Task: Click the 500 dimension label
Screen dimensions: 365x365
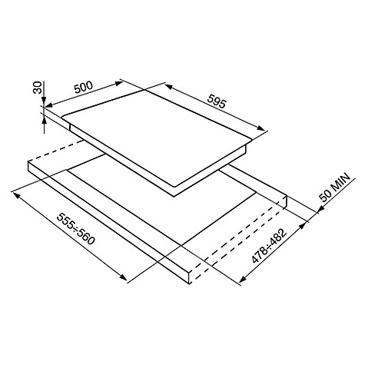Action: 83,87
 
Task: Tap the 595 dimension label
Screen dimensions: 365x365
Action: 217,101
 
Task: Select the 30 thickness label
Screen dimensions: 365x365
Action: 38,88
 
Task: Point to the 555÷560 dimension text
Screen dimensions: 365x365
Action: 75,228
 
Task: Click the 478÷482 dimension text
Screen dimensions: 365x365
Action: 268,246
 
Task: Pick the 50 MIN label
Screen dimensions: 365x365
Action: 334,187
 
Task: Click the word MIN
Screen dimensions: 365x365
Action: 340,182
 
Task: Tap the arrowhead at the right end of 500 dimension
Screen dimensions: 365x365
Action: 119,83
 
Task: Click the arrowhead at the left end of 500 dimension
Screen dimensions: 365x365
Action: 48,105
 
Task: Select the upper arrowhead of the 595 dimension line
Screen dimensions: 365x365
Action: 168,87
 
